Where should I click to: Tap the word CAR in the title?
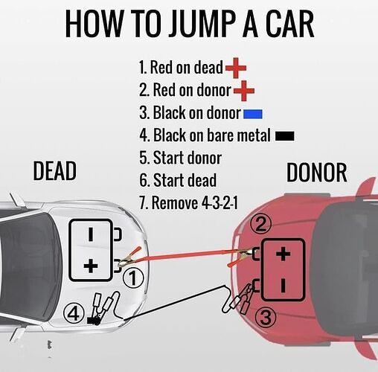(290, 25)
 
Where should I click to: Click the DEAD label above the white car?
(54, 170)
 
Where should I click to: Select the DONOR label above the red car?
(317, 173)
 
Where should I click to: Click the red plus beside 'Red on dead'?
(236, 68)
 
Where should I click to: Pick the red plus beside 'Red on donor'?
(244, 91)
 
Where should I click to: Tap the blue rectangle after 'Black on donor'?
(253, 114)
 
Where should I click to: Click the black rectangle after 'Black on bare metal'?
(285, 136)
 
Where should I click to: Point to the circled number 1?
(133, 278)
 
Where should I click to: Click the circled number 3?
(266, 318)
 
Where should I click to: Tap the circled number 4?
(74, 315)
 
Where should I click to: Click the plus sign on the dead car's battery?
(91, 266)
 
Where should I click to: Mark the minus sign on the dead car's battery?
(91, 234)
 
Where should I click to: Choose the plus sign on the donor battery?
(283, 254)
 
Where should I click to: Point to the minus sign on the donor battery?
(283, 285)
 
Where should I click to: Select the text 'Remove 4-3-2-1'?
(194, 203)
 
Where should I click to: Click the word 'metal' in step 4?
(254, 135)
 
